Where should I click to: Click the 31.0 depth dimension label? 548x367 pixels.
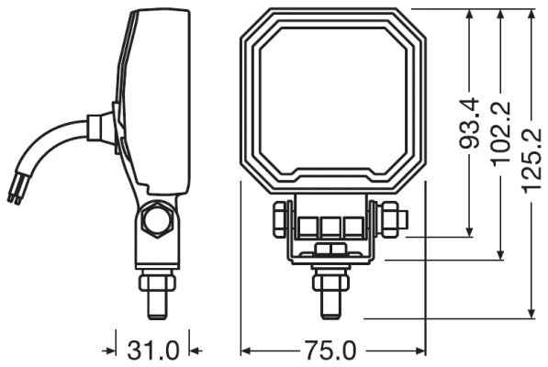pyautogui.click(x=153, y=350)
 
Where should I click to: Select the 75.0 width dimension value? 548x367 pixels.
pyautogui.click(x=330, y=350)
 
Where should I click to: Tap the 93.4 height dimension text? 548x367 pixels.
pyautogui.click(x=469, y=123)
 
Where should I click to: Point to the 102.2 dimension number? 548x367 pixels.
pyautogui.click(x=500, y=134)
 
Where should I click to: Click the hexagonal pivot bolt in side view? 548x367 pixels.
pyautogui.click(x=157, y=219)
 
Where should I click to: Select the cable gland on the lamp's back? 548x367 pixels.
pyautogui.click(x=100, y=128)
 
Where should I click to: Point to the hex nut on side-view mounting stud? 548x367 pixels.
pyautogui.click(x=157, y=283)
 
